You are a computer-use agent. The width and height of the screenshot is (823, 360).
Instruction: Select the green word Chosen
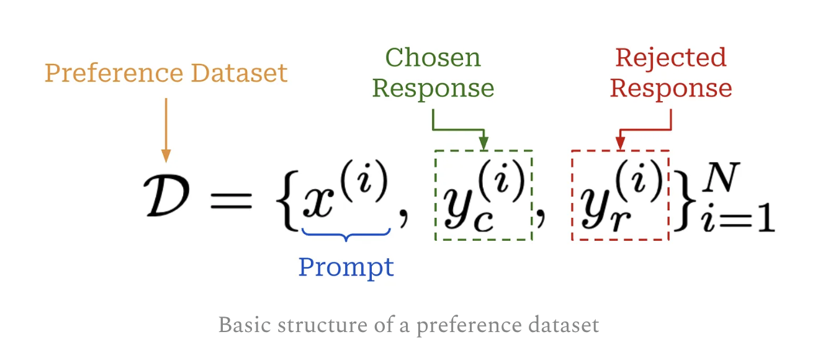click(433, 58)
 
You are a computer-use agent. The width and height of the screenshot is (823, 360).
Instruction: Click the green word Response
click(433, 88)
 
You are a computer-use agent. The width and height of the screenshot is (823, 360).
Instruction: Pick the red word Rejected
click(670, 58)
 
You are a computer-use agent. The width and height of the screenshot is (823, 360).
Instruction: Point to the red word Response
click(670, 88)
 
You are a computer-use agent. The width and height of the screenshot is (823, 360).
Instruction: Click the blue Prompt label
click(346, 267)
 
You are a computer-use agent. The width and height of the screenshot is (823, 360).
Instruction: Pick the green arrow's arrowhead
click(483, 144)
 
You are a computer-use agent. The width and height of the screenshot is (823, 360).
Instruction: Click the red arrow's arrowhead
click(620, 144)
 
